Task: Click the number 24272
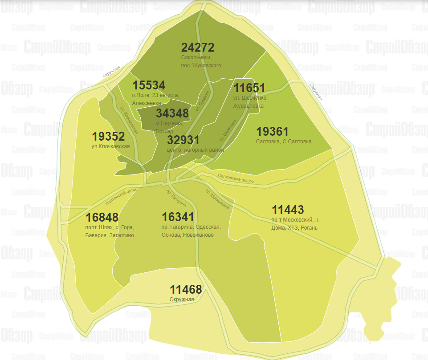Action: (198, 48)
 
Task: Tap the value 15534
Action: (149, 85)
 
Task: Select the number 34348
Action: (172, 113)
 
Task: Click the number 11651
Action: (249, 88)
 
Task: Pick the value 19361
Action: (273, 132)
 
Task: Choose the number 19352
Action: (108, 136)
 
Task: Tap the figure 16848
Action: (102, 218)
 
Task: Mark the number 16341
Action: (178, 217)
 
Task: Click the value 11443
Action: (288, 210)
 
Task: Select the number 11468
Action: (186, 289)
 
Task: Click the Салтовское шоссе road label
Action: (236, 179)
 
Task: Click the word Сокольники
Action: (196, 58)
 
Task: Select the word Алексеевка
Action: (147, 103)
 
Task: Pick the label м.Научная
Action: (166, 123)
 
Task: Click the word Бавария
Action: (96, 235)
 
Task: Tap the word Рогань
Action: (309, 227)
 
